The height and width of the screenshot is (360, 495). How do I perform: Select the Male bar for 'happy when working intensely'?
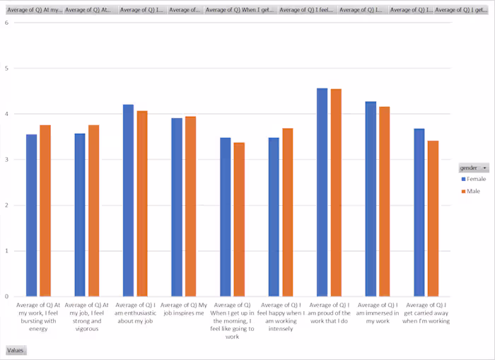(x=287, y=212)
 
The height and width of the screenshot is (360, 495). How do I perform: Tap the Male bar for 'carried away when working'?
(x=433, y=219)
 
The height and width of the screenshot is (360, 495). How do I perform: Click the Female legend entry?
(x=475, y=180)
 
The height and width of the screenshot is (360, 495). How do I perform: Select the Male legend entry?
(x=473, y=192)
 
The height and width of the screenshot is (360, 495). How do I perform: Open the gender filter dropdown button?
(x=484, y=168)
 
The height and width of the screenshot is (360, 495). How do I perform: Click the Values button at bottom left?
(x=16, y=350)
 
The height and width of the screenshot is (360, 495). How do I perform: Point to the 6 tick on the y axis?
(x=6, y=23)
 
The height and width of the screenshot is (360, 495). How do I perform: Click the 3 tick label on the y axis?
(x=6, y=160)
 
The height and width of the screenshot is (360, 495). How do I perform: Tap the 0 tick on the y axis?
(x=6, y=296)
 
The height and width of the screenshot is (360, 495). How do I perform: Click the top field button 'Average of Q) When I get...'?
(x=240, y=10)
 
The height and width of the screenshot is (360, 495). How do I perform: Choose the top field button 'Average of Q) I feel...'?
(x=307, y=10)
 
